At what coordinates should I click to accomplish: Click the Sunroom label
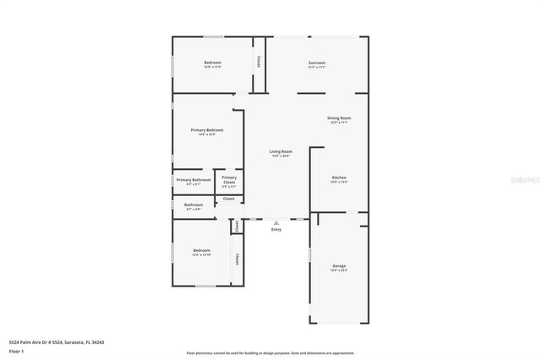pos(316,63)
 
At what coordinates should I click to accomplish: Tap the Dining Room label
pos(339,117)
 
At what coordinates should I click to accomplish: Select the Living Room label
pos(281,151)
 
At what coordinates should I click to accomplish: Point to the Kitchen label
pos(338,177)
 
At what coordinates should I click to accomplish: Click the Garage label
pos(338,265)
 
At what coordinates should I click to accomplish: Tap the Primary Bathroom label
pos(194,179)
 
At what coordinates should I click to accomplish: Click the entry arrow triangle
pos(276,222)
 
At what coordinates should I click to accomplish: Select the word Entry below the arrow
pos(276,230)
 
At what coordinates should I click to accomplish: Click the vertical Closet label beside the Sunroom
pos(258,63)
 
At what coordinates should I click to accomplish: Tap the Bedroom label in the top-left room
pos(212,63)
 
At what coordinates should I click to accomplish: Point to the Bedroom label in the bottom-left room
pos(201,250)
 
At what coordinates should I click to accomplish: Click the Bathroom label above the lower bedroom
pos(193,205)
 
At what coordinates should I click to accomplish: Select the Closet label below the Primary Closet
pos(229,199)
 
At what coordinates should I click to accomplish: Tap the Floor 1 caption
pos(16,351)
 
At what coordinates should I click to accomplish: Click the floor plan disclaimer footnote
pos(270,353)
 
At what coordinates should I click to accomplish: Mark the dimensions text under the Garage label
pos(338,270)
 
